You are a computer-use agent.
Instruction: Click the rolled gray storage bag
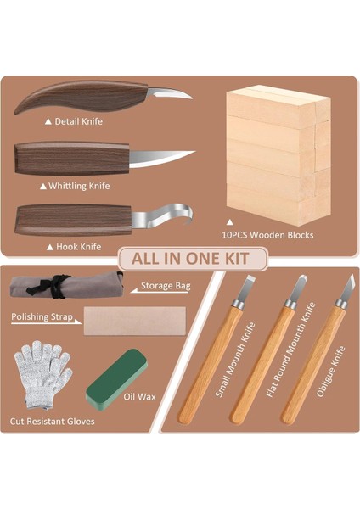(64, 286)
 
